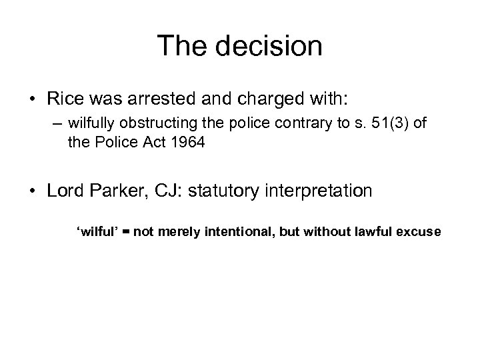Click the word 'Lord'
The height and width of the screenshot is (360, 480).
coord(66,190)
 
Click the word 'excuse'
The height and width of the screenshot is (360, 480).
coord(419,231)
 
